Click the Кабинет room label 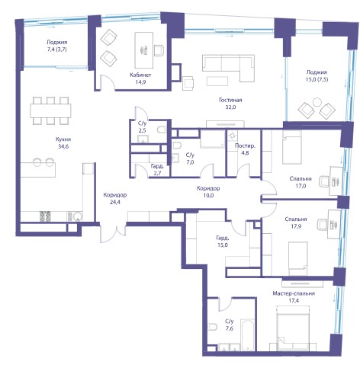click(140, 75)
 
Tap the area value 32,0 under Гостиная click(230, 107)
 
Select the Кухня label click(63, 139)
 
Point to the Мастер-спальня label click(294, 293)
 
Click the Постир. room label click(245, 146)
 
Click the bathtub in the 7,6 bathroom click(248, 334)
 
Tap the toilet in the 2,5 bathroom click(162, 130)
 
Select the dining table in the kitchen click(50, 110)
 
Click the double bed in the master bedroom click(294, 328)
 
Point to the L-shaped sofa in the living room click(228, 67)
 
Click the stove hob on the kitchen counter click(45, 216)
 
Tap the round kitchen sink click(77, 216)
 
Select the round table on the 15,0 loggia click(317, 102)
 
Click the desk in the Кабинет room click(144, 50)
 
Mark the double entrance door click(113, 233)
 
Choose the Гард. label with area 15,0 click(223, 238)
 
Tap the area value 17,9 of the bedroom click(296, 226)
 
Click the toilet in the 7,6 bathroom click(212, 327)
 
